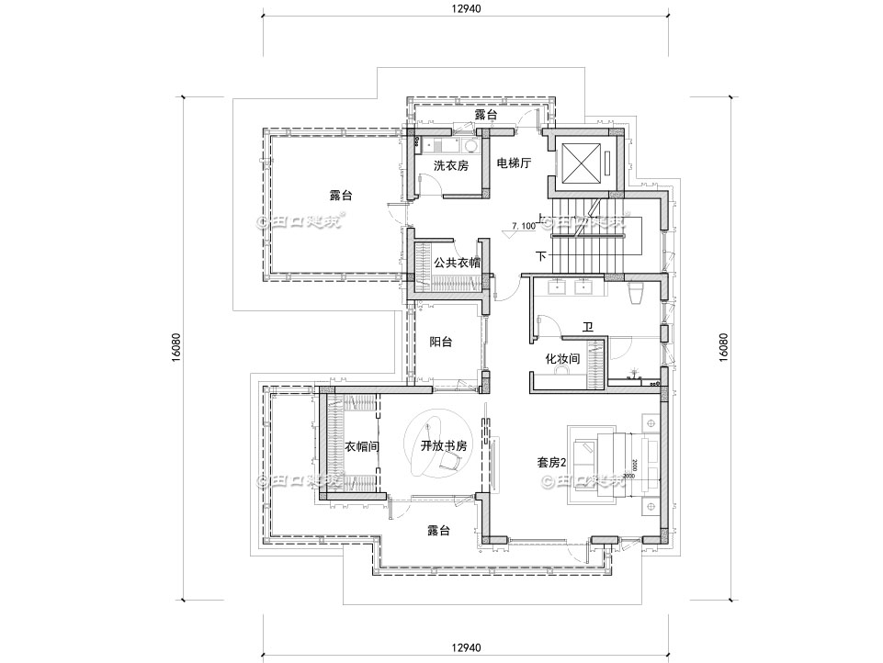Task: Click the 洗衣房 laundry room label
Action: point(451,166)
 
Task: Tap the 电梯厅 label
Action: point(514,164)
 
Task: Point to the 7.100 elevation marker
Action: point(523,225)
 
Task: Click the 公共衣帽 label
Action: point(457,262)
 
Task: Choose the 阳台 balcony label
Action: point(441,343)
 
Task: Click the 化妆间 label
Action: point(562,359)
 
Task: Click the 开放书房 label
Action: point(444,446)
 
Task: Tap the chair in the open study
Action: point(450,465)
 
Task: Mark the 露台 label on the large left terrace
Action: point(341,196)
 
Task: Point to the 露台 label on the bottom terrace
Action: point(438,531)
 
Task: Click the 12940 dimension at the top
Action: point(467,8)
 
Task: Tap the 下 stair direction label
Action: point(540,255)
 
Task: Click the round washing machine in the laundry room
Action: point(470,145)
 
